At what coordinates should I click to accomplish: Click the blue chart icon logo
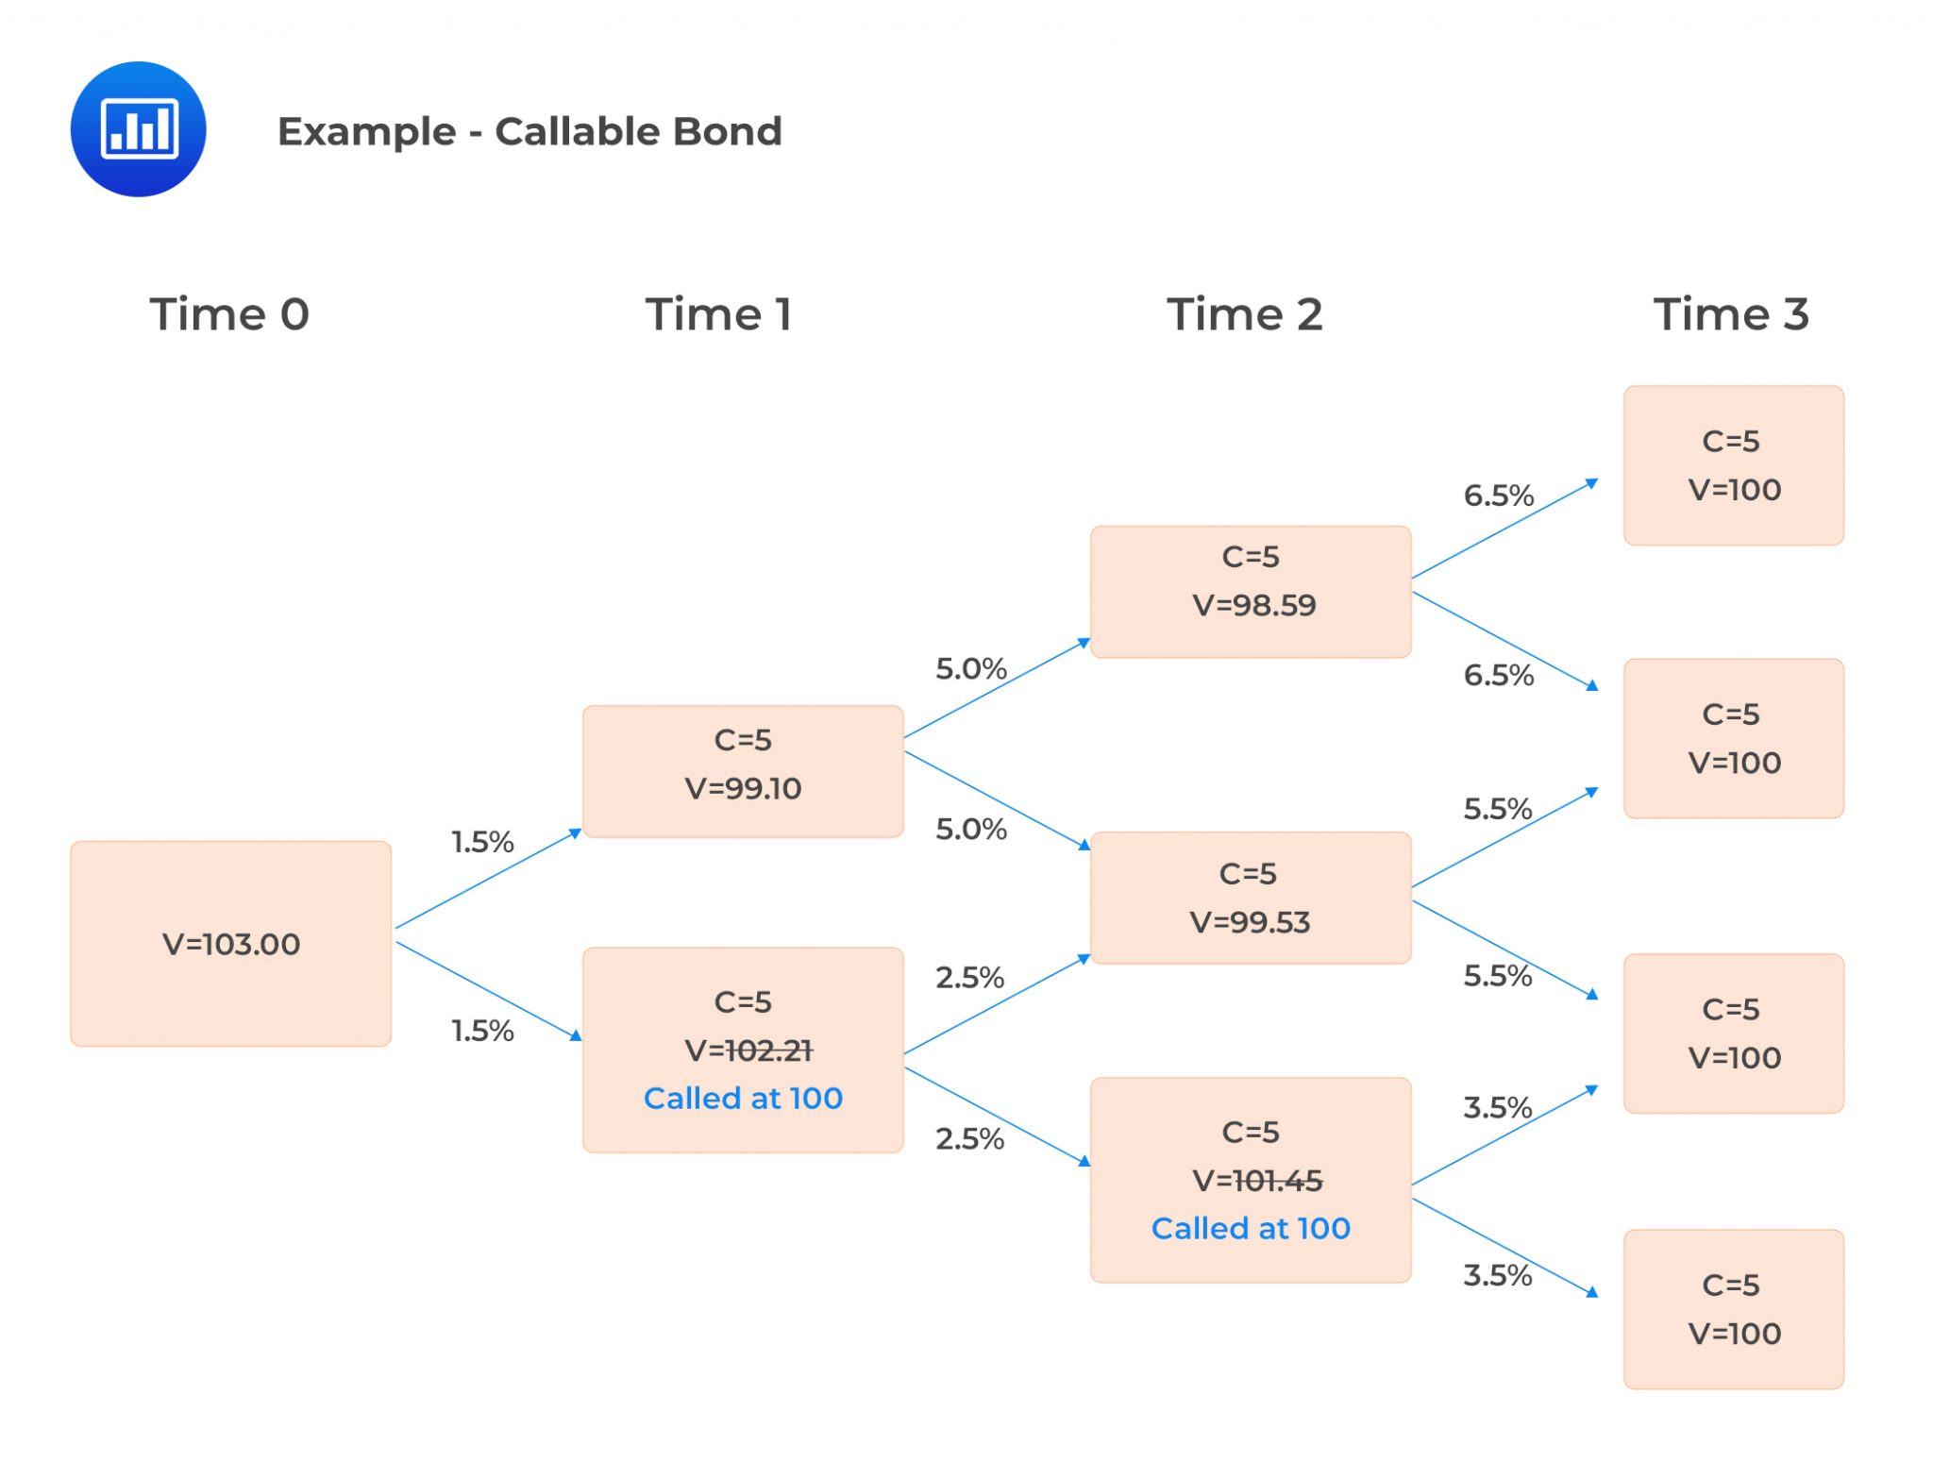tap(138, 129)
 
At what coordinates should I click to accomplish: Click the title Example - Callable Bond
tap(529, 131)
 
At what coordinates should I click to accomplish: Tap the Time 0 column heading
tap(229, 314)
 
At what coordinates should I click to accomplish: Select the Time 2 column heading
tap(1244, 314)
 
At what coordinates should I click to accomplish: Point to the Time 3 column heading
tap(1730, 314)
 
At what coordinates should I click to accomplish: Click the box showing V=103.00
tap(231, 943)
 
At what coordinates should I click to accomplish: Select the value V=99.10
tap(743, 788)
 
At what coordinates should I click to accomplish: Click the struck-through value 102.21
tap(768, 1050)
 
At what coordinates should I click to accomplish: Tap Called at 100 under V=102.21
tap(743, 1098)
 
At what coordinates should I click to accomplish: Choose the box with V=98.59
tap(1251, 591)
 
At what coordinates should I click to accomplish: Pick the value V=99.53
tap(1250, 921)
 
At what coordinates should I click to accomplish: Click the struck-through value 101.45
tap(1277, 1180)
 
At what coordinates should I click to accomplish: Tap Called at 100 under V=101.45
tap(1251, 1228)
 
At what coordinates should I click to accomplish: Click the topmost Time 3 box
tap(1733, 465)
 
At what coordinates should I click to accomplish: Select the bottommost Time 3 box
tap(1733, 1308)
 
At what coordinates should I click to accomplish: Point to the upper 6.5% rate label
tap(1498, 496)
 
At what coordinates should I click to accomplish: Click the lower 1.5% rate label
tap(482, 1031)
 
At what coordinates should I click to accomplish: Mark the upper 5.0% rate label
tap(970, 669)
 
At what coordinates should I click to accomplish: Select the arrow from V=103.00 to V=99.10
tap(488, 880)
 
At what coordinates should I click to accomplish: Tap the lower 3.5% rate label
tap(1497, 1275)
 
